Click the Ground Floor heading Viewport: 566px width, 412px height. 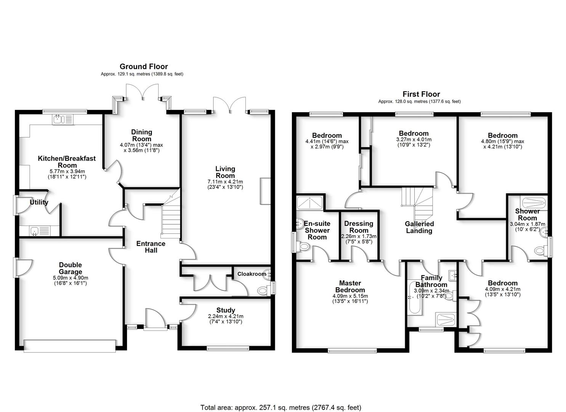[x=144, y=66]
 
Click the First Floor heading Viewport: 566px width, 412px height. [x=421, y=94]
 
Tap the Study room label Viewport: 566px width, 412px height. [x=226, y=310]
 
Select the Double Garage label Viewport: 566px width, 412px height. [x=71, y=268]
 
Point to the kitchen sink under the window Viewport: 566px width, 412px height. [x=63, y=119]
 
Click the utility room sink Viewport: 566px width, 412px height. [x=40, y=231]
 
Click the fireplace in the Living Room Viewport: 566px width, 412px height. [x=265, y=191]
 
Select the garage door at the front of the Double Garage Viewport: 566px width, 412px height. [x=70, y=346]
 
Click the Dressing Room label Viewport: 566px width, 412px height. [x=359, y=227]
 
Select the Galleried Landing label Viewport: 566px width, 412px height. [x=419, y=227]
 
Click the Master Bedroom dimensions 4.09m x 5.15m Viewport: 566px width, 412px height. [x=350, y=296]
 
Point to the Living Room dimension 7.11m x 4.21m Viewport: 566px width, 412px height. [x=225, y=182]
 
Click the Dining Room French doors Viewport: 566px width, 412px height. [x=143, y=91]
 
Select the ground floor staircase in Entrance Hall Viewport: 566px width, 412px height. [x=171, y=217]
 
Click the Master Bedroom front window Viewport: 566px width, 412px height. [x=352, y=351]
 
